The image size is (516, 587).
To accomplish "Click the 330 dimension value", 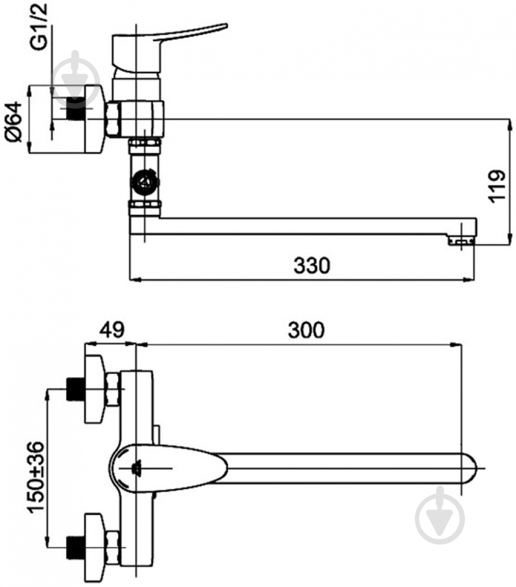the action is [312, 265].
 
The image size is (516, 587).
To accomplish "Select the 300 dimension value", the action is [306, 330].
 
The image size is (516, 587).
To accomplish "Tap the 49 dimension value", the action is [111, 330].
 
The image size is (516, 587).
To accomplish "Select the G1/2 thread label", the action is [39, 27].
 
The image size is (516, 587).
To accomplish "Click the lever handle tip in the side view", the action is [226, 26].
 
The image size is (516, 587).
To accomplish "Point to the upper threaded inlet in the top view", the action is [75, 389].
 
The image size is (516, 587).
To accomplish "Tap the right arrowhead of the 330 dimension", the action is [471, 279].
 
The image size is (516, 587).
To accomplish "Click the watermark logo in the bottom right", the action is [440, 515].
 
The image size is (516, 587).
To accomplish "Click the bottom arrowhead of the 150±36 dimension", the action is [47, 542].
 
